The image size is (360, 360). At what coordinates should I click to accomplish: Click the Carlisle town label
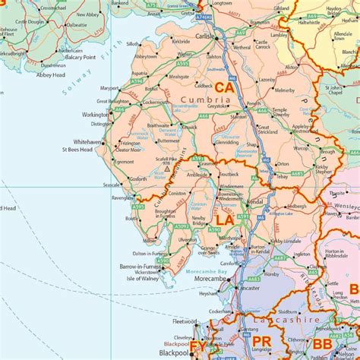point(204,36)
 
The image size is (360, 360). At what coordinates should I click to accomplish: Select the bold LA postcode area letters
point(225,219)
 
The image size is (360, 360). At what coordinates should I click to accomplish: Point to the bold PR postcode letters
point(261,341)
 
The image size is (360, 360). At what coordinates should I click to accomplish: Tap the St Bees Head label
point(77,150)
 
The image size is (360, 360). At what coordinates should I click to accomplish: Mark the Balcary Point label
point(70,57)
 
